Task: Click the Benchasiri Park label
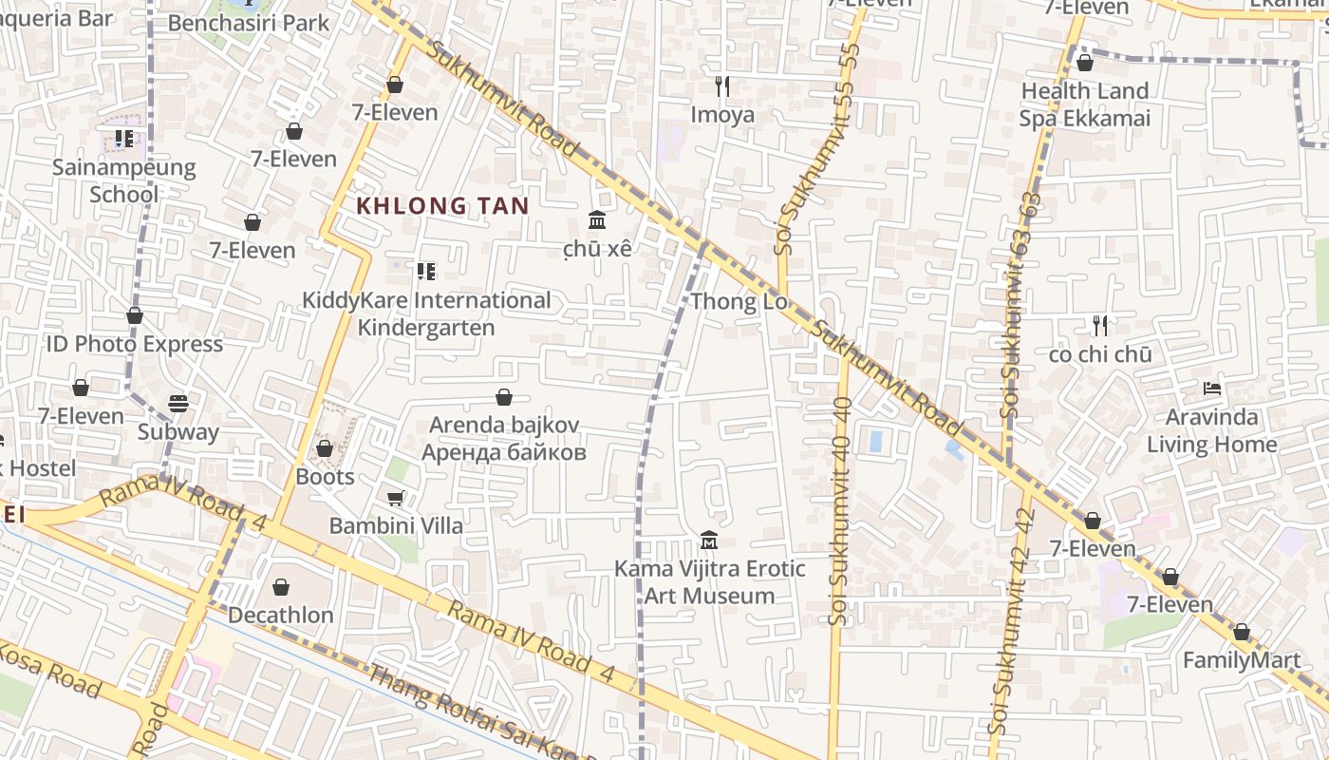(x=249, y=23)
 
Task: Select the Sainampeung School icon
(x=124, y=140)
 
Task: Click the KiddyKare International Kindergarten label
(x=426, y=313)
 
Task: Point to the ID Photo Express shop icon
(x=135, y=315)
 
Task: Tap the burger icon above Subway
(x=178, y=404)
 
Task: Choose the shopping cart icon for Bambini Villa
(x=396, y=498)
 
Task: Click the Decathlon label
(x=280, y=615)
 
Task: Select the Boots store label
(x=325, y=476)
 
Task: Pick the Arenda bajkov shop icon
(x=504, y=397)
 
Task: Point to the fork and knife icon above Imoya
(x=722, y=86)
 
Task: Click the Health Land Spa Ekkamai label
(x=1084, y=104)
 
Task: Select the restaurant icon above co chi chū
(x=1100, y=326)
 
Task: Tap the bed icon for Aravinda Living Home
(x=1211, y=389)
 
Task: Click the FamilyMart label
(x=1242, y=660)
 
